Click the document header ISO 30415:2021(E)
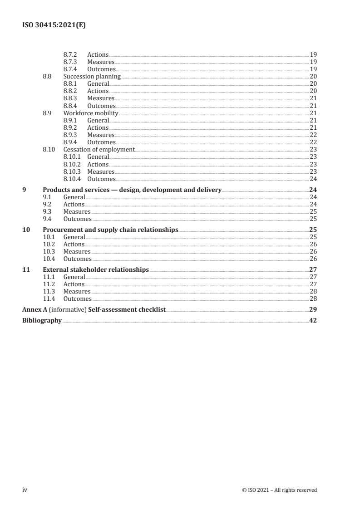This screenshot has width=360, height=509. (x=54, y=26)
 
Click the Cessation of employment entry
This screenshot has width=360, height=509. (x=99, y=150)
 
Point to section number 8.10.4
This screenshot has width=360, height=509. (x=73, y=179)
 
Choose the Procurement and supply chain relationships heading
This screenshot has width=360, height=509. (x=110, y=230)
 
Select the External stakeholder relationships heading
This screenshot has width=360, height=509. (x=96, y=270)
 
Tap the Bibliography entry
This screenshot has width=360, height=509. (x=42, y=321)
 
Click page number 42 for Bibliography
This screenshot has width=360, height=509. (x=313, y=321)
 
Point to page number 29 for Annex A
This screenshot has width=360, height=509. (x=313, y=310)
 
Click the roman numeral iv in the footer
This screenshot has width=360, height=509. (x=25, y=489)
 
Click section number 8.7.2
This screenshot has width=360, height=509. (x=70, y=55)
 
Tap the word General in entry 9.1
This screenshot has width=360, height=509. (x=74, y=197)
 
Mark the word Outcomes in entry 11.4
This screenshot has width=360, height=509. (x=77, y=299)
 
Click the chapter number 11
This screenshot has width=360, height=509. (x=26, y=270)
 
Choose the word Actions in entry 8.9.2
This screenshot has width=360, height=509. (x=98, y=128)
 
